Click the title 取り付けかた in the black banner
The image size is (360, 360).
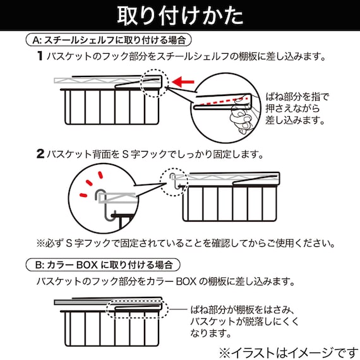(179, 15)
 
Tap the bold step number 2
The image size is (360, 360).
(40, 153)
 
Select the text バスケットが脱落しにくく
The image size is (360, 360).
(241, 323)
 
